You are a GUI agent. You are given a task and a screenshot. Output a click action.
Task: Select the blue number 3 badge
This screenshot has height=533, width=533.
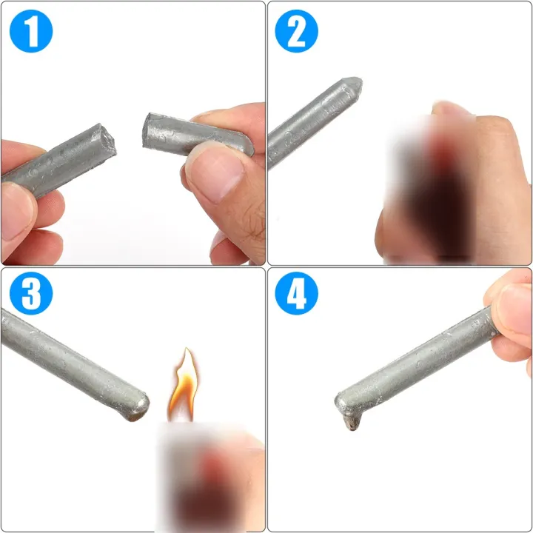point(30,295)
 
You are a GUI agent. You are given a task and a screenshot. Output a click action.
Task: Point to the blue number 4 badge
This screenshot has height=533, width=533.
point(296,295)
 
